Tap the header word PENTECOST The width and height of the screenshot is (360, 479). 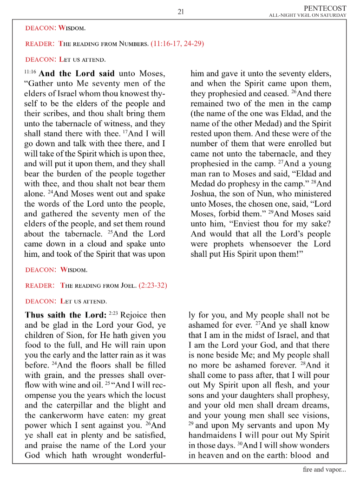(x=325, y=8)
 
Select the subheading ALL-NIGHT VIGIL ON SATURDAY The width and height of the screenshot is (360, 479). (x=308, y=15)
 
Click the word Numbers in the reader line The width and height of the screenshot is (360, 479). (x=132, y=45)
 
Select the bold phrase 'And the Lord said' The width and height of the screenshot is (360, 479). (x=77, y=74)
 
